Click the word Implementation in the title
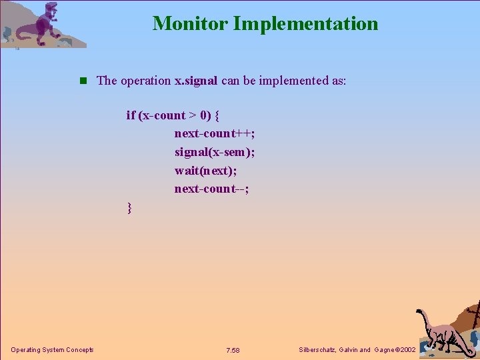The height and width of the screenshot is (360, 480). pos(305,24)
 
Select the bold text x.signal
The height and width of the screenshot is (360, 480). pos(196,81)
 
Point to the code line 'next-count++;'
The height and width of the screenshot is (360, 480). pos(215,133)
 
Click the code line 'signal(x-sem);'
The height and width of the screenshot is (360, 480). pos(215,152)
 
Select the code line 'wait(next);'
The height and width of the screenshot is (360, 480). pos(205,170)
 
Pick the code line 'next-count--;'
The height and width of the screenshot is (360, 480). pos(212,189)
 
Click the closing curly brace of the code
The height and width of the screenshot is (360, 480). pos(129,208)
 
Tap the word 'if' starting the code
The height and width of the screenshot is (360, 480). pos(131,115)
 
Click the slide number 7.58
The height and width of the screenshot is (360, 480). pos(233,351)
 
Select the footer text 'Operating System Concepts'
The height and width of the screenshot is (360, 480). pos(52,350)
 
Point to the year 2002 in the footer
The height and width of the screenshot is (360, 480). pos(406,350)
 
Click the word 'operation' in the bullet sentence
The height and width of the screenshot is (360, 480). pos(146,81)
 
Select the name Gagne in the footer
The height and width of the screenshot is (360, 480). pos(383,350)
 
